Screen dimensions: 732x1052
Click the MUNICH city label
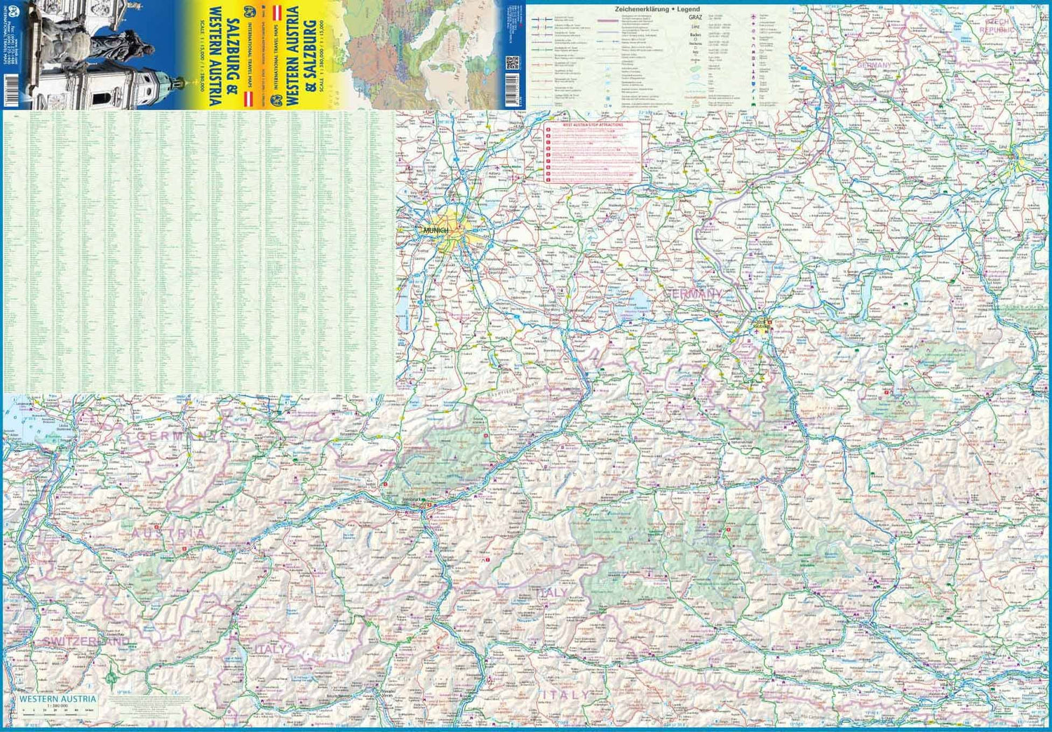pos(436,230)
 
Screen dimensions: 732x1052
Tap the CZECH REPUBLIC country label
pos(997,27)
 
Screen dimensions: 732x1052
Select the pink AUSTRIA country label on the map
pos(168,533)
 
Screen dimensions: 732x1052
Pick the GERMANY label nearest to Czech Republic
pos(874,65)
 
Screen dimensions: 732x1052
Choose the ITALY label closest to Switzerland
pos(270,649)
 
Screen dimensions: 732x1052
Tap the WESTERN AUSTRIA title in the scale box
pos(58,699)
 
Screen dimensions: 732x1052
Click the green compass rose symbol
pos(112,678)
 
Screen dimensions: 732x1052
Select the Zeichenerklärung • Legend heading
pos(657,9)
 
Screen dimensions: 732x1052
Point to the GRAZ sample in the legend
pos(695,17)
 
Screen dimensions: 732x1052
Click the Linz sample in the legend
pos(695,27)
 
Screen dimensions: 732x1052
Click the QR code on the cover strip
pos(511,63)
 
